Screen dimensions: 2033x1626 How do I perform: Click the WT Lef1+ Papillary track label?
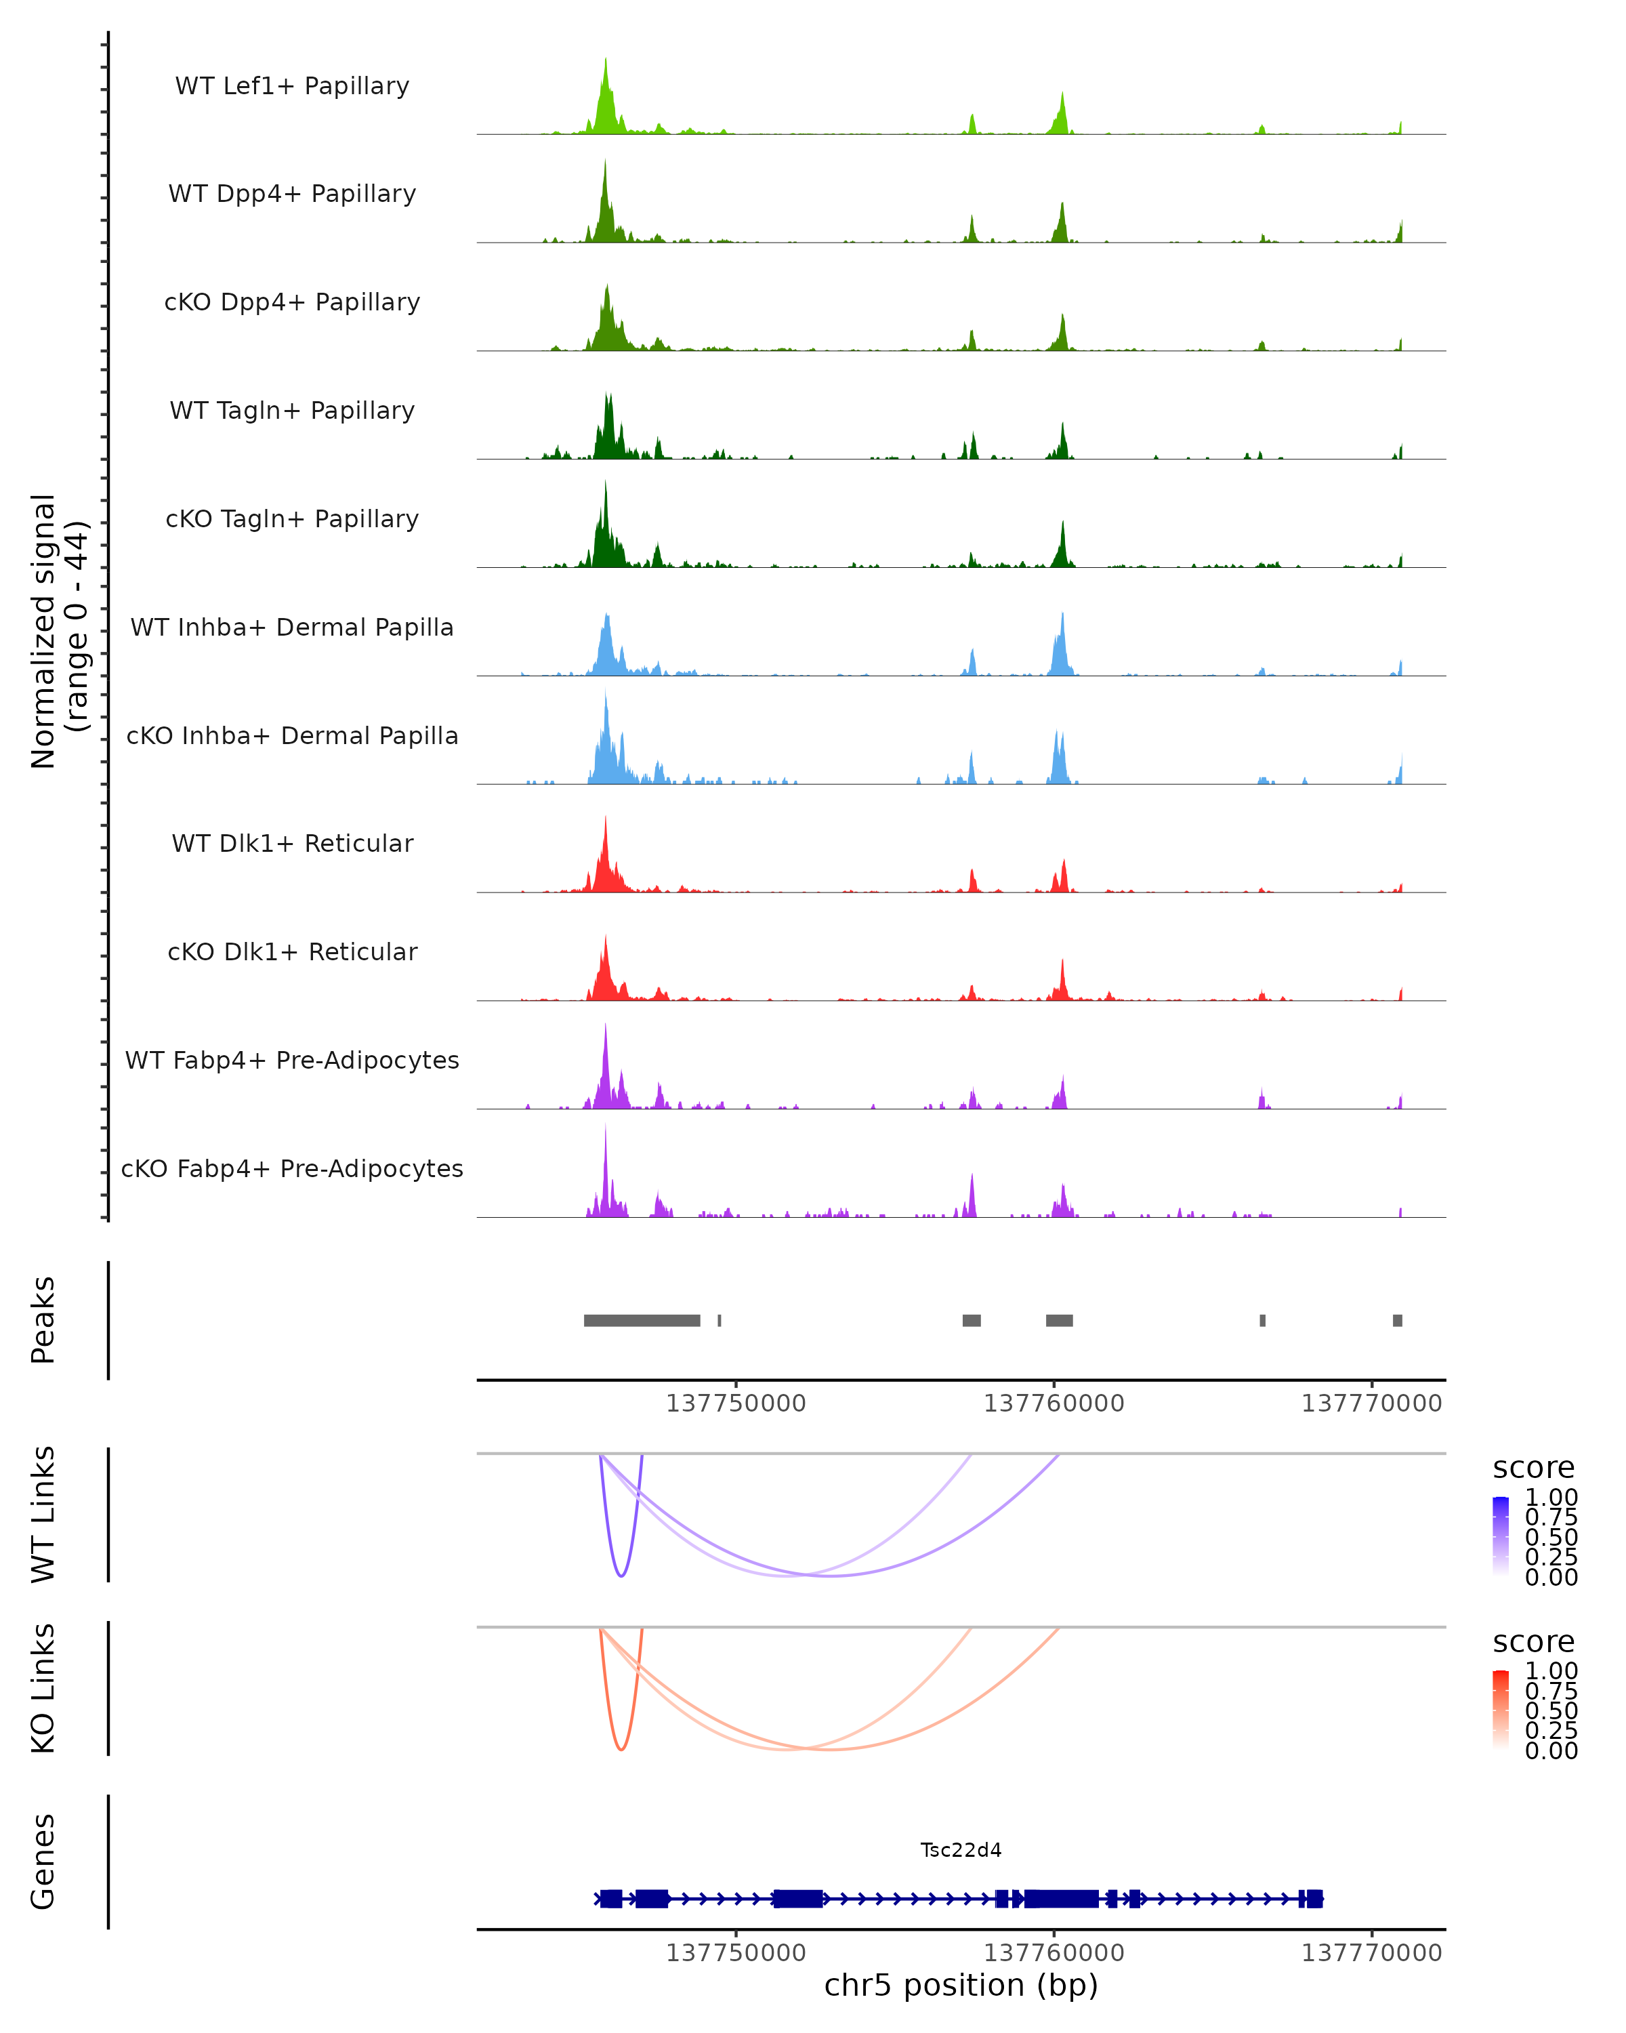(292, 86)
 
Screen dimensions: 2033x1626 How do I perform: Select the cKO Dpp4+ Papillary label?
(292, 303)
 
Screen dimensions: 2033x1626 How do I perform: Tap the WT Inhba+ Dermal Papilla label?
(292, 628)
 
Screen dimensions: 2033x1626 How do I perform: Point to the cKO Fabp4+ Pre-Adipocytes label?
(292, 1169)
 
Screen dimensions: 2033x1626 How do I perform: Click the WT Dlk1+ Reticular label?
(292, 844)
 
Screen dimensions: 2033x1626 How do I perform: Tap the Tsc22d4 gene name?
(961, 1850)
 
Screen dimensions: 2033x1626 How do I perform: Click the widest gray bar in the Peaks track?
(642, 1320)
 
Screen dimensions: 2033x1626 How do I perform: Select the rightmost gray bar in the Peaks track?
(1398, 1320)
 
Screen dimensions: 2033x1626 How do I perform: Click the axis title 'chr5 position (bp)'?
(961, 1986)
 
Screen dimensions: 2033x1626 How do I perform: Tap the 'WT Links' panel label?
(43, 1515)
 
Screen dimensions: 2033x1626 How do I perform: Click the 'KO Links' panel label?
(43, 1688)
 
